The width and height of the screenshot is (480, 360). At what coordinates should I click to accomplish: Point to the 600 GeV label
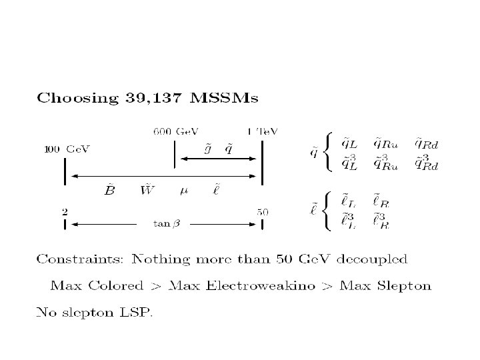176,131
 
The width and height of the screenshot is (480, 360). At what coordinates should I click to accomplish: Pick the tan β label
165,224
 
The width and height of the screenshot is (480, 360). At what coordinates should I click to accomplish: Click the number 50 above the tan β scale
263,211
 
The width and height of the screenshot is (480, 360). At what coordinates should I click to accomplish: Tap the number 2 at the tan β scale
65,211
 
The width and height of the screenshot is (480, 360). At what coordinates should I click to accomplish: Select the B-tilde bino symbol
110,191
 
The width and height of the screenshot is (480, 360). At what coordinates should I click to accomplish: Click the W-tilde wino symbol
147,191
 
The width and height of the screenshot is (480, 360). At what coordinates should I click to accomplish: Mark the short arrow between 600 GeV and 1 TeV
219,159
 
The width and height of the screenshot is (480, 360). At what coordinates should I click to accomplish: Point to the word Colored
116,286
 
